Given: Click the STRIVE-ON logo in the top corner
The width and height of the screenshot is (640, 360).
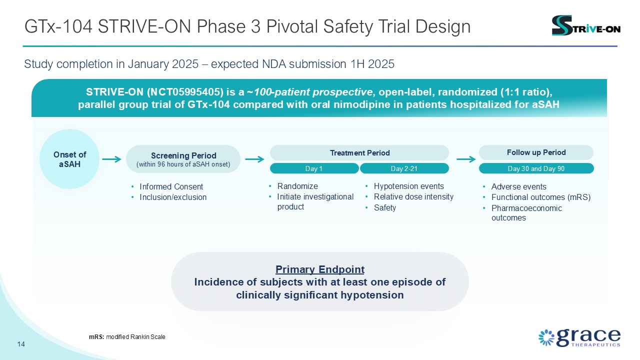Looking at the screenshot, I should pyautogui.click(x=585, y=25).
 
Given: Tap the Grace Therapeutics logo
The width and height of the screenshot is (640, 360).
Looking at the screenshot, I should pyautogui.click(x=579, y=337).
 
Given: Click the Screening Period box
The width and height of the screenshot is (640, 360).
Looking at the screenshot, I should pyautogui.click(x=183, y=159).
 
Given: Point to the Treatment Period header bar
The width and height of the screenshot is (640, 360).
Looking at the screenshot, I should pyautogui.click(x=359, y=152).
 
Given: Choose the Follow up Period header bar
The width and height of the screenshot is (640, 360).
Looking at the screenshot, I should pyautogui.click(x=536, y=152).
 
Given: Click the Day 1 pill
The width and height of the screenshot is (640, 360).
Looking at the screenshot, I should pyautogui.click(x=314, y=168).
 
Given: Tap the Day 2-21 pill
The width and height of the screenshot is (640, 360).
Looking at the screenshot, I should pyautogui.click(x=404, y=168).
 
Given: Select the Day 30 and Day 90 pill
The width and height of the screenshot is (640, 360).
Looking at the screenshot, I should pyautogui.click(x=536, y=168).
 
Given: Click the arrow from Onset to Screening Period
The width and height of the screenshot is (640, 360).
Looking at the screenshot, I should pyautogui.click(x=111, y=159).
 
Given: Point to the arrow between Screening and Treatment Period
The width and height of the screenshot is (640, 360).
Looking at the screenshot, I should pyautogui.click(x=255, y=159).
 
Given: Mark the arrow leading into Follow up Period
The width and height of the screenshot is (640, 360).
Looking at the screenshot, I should pyautogui.click(x=466, y=159).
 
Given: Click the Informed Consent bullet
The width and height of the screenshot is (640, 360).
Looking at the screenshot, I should pyautogui.click(x=171, y=187).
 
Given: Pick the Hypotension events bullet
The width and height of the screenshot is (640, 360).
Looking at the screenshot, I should pyautogui.click(x=408, y=186).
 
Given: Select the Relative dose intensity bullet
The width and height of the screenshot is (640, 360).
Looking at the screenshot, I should pyautogui.click(x=413, y=196).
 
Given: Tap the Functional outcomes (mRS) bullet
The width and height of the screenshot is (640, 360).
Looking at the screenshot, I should pyautogui.click(x=540, y=197).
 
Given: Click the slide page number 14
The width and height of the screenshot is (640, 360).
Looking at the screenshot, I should pyautogui.click(x=21, y=344).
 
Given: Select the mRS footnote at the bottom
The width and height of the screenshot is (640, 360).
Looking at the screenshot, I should pyautogui.click(x=127, y=337).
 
